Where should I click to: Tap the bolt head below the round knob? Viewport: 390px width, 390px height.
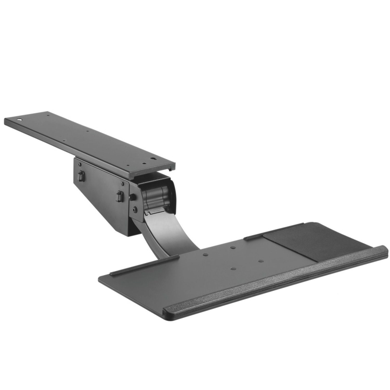(135, 208)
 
